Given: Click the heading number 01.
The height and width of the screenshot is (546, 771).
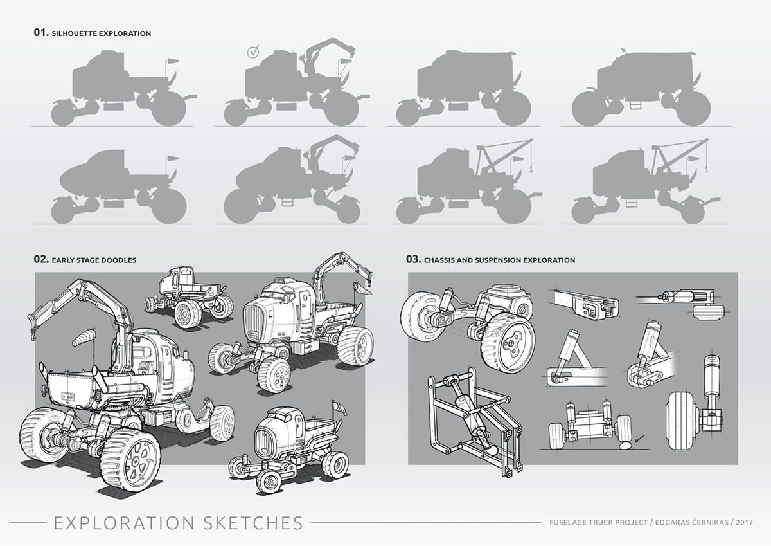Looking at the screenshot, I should (x=41, y=32).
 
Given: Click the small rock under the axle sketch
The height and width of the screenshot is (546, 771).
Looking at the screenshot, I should (x=623, y=445).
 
